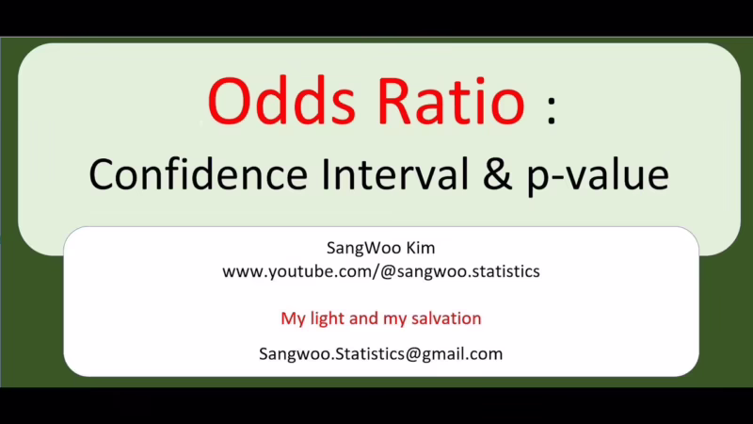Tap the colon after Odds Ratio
(x=551, y=111)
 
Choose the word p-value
(x=593, y=177)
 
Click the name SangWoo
(x=357, y=249)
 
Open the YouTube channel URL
(x=380, y=271)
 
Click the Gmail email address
(x=380, y=354)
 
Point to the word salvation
(x=445, y=318)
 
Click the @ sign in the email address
(x=413, y=354)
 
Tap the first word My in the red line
(x=293, y=318)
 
